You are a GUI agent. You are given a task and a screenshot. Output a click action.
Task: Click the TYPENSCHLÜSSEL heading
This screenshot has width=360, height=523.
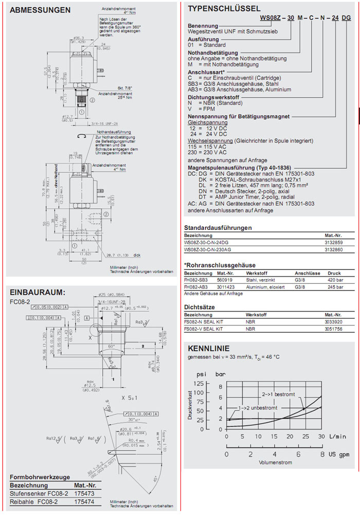[x=224, y=8]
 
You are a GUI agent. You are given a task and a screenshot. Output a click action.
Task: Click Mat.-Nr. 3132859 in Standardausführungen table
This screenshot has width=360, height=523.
[x=333, y=242]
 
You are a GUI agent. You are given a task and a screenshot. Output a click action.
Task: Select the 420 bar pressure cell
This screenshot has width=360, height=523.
[x=334, y=280]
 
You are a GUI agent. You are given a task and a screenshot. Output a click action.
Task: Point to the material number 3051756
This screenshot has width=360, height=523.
[x=334, y=328]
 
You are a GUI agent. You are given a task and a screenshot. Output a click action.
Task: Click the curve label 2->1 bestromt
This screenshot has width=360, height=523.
[x=278, y=394]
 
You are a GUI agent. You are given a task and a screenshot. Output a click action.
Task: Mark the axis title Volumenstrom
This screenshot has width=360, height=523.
[x=275, y=462]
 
